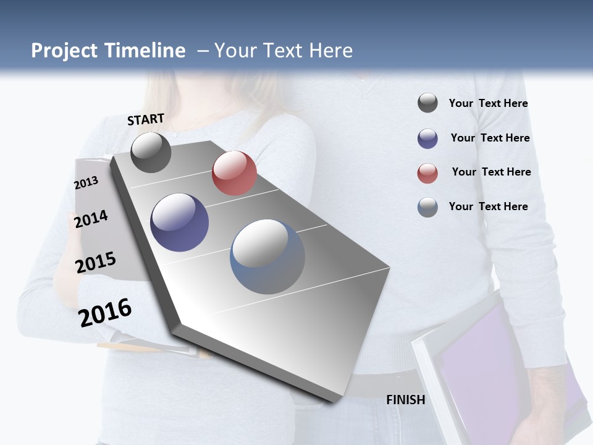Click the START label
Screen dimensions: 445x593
(x=146, y=119)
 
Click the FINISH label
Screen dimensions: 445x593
(x=405, y=400)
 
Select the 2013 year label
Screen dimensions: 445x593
(x=86, y=183)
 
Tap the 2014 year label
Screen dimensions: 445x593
(x=91, y=219)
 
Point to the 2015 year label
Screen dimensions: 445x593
(x=95, y=263)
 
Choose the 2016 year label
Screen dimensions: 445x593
(x=105, y=312)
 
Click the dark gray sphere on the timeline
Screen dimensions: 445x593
(x=151, y=152)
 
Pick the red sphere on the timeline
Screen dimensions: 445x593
(x=234, y=173)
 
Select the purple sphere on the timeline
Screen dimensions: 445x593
(x=180, y=222)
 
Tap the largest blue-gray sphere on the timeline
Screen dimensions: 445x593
(x=267, y=256)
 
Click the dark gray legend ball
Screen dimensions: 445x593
(x=427, y=103)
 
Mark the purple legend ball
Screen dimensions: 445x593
(x=427, y=138)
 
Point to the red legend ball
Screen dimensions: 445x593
(x=427, y=173)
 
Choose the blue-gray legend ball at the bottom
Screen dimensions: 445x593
(x=427, y=207)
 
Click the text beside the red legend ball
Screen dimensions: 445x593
(x=491, y=172)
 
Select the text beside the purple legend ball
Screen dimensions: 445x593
(x=490, y=138)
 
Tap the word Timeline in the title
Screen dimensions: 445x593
(x=145, y=51)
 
